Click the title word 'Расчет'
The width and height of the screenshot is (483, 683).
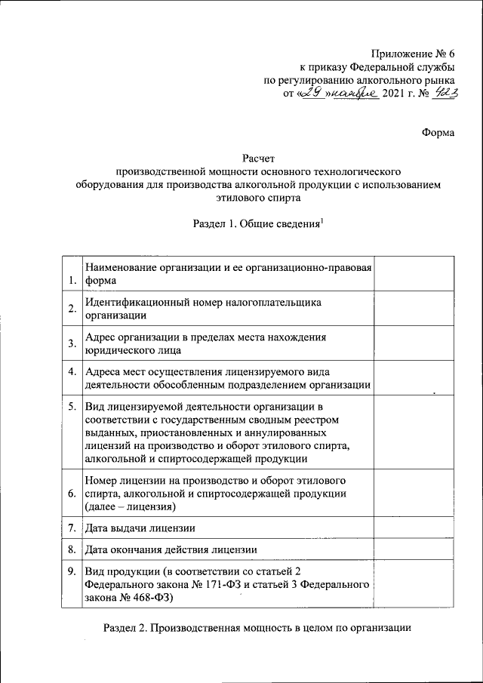[257, 158]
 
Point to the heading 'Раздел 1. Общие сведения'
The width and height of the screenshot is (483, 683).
[257, 223]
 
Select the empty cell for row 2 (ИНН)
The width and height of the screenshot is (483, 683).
[414, 309]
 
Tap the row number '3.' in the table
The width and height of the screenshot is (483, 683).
[72, 344]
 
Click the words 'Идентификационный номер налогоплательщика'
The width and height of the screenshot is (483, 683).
[203, 303]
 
